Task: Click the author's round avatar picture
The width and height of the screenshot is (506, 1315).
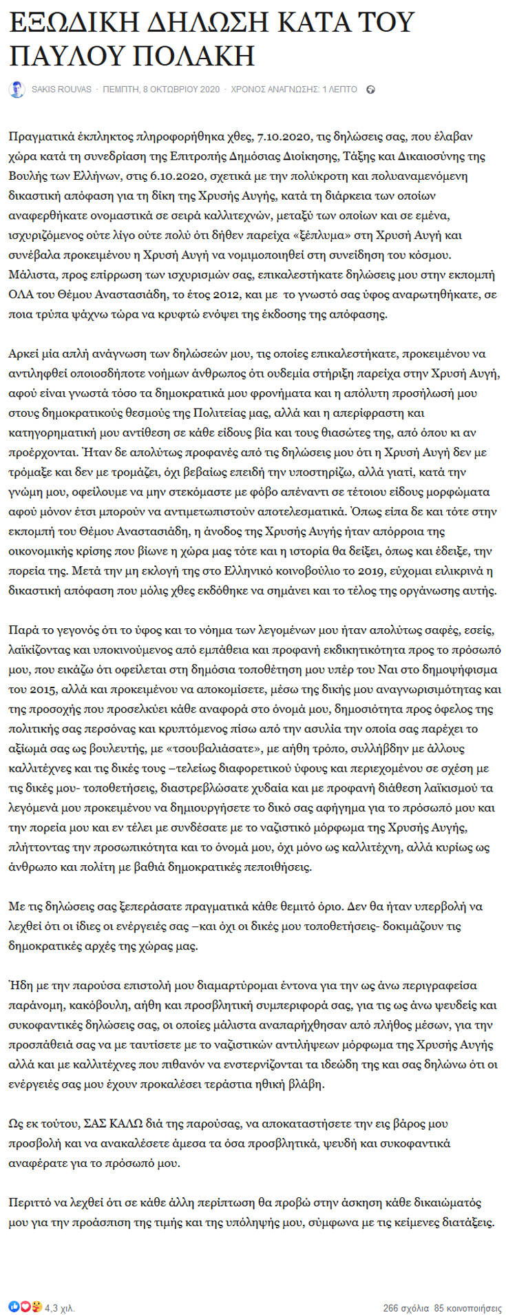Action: pos(16,90)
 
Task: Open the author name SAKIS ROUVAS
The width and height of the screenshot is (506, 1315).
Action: pos(61,90)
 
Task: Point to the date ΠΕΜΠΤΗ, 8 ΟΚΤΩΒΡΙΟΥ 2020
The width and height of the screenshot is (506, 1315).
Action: pos(161,90)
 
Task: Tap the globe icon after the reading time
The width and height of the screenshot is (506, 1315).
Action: pos(370,90)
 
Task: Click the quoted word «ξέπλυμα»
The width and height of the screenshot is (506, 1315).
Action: pos(351,235)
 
